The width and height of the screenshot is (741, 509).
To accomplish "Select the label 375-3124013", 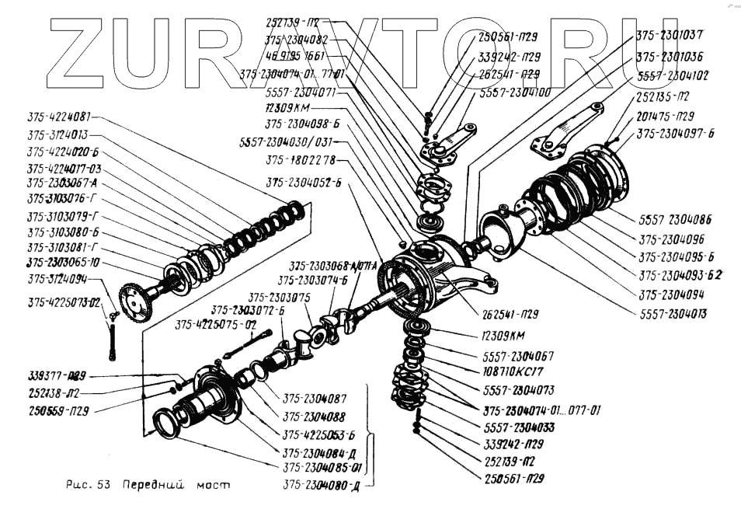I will coord(57,134).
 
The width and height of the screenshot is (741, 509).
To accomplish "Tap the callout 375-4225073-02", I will coord(64,302).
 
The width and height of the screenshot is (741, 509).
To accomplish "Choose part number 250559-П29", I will coord(57,409).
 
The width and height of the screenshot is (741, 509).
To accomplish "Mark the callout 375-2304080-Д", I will coord(322,486).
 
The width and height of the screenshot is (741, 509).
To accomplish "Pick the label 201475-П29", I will coord(665,116).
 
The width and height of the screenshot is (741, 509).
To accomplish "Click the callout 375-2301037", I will coord(670,35).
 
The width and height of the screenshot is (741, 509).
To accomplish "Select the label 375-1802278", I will coord(300,160).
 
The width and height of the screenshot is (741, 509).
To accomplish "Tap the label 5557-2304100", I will coord(515,92).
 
